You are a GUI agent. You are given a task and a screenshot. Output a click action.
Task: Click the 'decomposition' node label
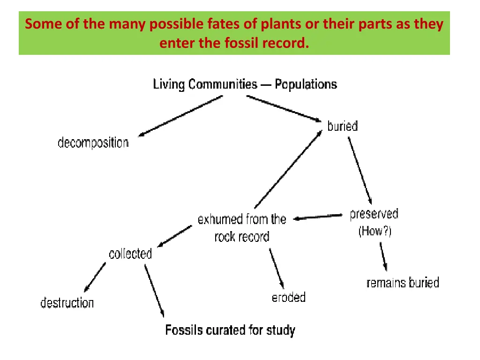[93, 142]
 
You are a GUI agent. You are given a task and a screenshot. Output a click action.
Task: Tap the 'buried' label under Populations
[342, 126]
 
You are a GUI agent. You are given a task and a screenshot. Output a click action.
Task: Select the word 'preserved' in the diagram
[374, 214]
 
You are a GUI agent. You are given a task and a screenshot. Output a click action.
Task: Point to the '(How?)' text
[375, 231]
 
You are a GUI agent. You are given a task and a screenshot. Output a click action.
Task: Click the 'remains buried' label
[403, 283]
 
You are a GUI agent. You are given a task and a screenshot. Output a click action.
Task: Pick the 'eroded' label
[289, 297]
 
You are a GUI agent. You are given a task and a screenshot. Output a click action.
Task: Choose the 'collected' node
[130, 254]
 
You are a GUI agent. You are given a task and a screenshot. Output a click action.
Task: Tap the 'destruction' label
[67, 303]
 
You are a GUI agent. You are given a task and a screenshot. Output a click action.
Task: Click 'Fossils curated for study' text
[230, 330]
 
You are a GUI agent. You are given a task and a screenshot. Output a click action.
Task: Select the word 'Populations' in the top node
[306, 84]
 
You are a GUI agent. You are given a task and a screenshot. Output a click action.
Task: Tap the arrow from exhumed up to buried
[288, 169]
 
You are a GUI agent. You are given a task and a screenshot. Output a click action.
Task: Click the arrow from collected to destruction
[95, 277]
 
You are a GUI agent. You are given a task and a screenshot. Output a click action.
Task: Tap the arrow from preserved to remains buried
[383, 256]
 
